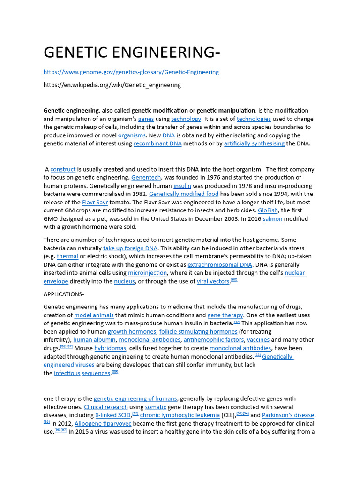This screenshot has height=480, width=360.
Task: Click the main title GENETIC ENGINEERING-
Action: pos(132,53)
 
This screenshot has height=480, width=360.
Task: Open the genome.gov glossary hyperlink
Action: pos(131,72)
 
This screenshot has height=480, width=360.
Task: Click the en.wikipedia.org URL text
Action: pos(112,85)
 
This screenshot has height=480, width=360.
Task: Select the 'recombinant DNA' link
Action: pos(157,144)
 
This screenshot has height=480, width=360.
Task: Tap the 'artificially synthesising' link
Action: pos(254,144)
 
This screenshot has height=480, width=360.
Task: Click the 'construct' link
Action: pos(63,170)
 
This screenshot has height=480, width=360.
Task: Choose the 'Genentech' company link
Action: pos(146,178)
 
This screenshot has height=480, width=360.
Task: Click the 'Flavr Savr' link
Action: pos(95,202)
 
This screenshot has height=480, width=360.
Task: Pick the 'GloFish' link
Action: pos(268,211)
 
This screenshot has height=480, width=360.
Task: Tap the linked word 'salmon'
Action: pos(272,219)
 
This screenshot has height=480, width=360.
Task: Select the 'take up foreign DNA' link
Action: pos(130,248)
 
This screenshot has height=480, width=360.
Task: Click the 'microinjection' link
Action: pos(147,273)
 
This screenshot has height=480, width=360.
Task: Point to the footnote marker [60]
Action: pos(234,280)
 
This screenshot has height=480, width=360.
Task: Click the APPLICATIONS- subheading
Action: pos(64,294)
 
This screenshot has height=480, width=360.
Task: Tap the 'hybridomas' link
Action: pos(110,349)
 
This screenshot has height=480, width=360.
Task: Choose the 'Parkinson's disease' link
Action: pos(288,415)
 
